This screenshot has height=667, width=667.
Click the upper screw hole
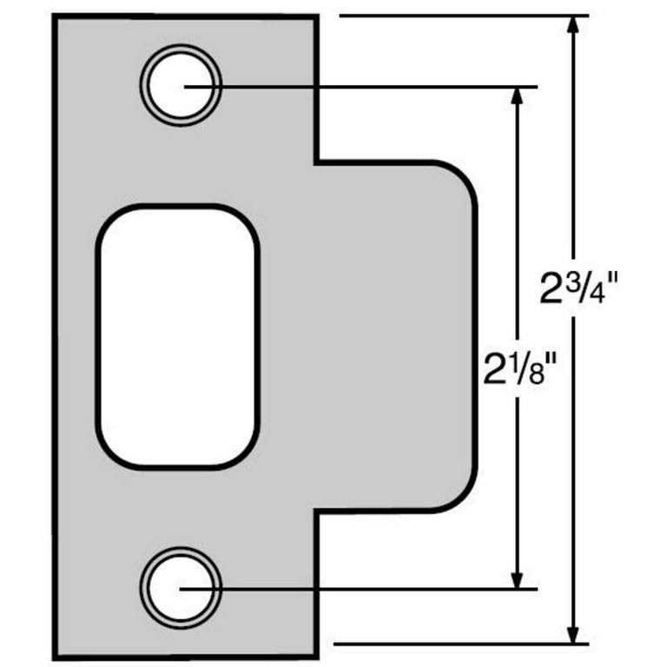tap(182, 85)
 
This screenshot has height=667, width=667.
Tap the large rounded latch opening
tap(178, 336)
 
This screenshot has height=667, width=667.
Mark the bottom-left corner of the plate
tap(57, 653)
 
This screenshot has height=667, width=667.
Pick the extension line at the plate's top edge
tap(460, 16)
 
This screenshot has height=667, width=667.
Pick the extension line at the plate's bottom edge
tap(460, 644)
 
